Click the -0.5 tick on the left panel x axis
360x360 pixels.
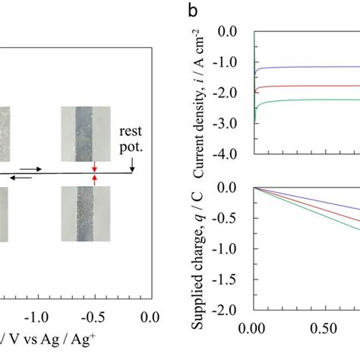(93, 316)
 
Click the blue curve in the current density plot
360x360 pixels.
(304, 68)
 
